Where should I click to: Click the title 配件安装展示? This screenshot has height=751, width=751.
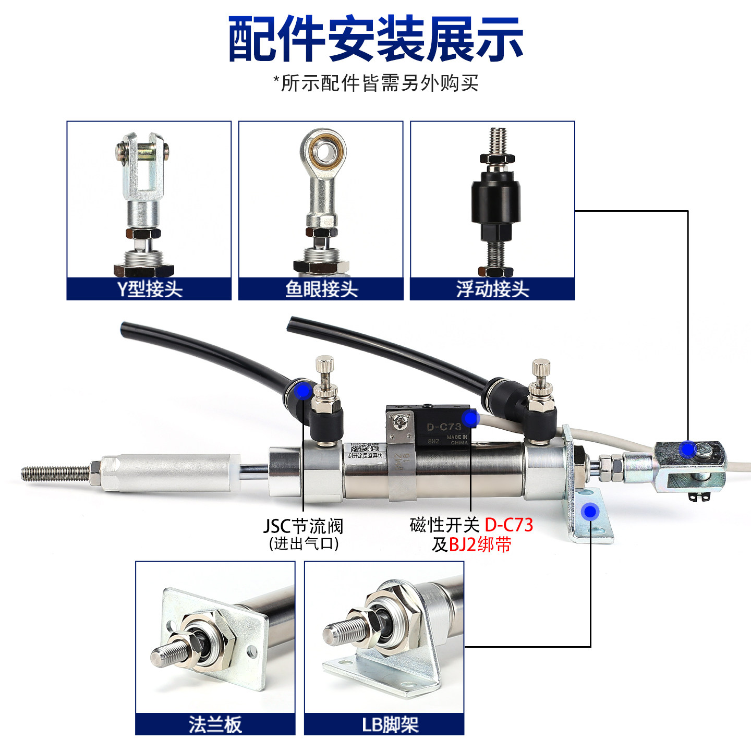(x=375, y=39)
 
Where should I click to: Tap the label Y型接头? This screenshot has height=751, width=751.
(x=149, y=289)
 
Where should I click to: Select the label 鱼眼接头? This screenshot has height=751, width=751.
(x=321, y=289)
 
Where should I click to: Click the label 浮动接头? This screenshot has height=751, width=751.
(x=492, y=289)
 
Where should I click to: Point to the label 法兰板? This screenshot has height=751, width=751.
(x=215, y=724)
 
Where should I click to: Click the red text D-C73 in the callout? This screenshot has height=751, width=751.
(x=508, y=525)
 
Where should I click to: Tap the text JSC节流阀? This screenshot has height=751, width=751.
(x=303, y=526)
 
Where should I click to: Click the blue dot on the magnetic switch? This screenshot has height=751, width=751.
(x=470, y=418)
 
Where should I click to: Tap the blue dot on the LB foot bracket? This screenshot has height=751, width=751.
(x=590, y=512)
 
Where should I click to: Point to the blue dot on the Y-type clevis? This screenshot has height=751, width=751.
(x=688, y=449)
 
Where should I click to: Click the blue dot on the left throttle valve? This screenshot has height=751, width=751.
(x=302, y=391)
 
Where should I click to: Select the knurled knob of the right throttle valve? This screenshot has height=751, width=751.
(x=541, y=371)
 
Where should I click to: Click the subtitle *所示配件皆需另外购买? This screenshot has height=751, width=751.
(x=375, y=83)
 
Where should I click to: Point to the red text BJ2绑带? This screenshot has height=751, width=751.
(x=480, y=545)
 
